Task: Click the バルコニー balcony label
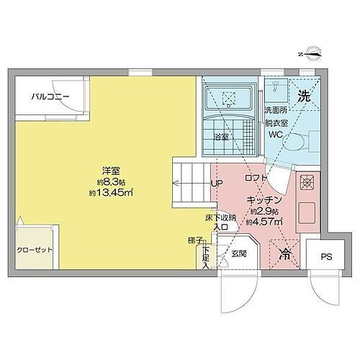point(50,96)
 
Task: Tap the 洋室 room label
point(110,171)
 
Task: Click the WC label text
point(274,134)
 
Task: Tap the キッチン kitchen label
point(258,199)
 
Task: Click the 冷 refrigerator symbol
point(284,253)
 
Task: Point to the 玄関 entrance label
point(239,253)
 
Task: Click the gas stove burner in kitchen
point(306,183)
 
